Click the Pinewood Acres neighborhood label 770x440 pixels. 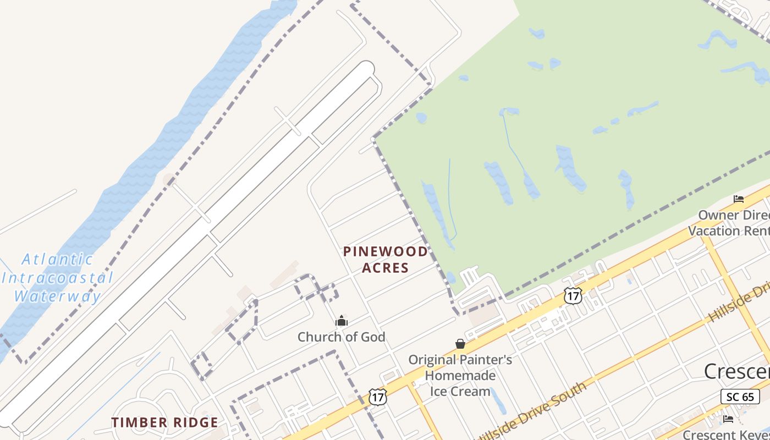[x=385, y=260]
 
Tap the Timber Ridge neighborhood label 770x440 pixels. [x=164, y=422]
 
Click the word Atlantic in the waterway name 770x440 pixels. [x=57, y=259]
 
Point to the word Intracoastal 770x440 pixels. [x=57, y=277]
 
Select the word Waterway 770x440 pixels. [x=57, y=296]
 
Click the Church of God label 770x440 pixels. [x=341, y=337]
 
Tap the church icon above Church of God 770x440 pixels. [x=342, y=321]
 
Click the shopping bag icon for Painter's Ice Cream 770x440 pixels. [x=460, y=344]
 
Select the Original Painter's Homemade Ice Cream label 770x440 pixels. [x=460, y=376]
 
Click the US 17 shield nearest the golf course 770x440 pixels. [x=573, y=295]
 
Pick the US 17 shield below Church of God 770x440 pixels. [x=378, y=397]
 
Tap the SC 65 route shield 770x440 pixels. [x=740, y=397]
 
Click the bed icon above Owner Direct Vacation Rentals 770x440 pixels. [x=739, y=199]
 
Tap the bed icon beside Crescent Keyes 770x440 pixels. [x=728, y=419]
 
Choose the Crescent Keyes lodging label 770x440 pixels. [x=726, y=435]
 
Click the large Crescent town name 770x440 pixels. [x=737, y=372]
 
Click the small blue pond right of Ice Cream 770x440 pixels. [x=498, y=400]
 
